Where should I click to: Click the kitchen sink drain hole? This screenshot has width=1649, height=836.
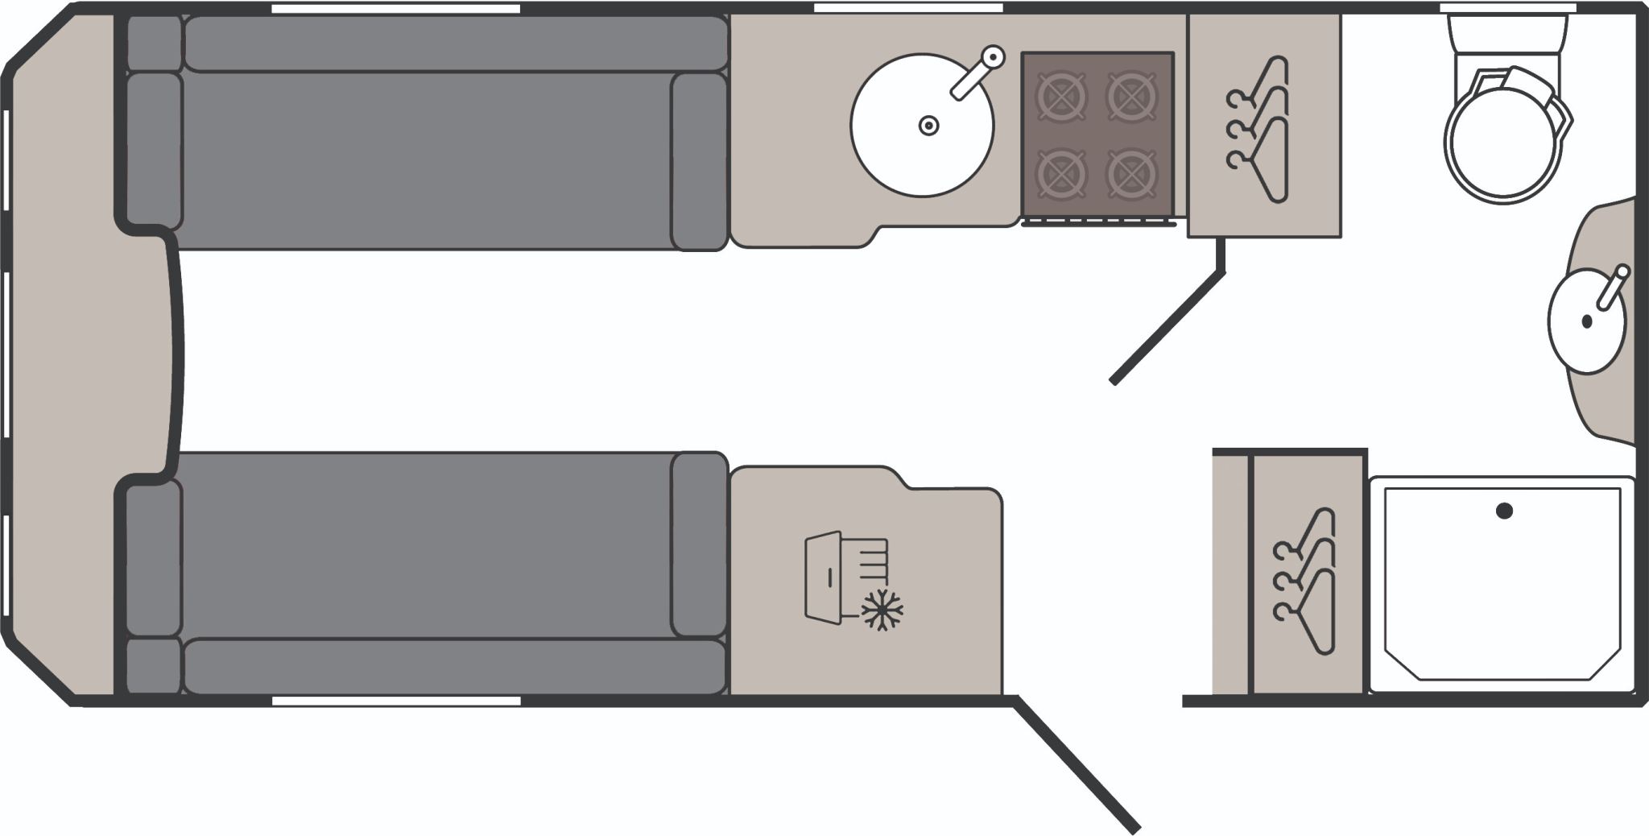coord(929,126)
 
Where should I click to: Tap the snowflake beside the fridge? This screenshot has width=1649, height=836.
coord(882,610)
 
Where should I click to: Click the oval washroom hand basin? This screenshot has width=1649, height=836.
coord(1587,322)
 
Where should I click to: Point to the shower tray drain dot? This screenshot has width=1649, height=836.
coord(1503,511)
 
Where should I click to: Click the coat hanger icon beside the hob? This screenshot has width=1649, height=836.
coord(1261,129)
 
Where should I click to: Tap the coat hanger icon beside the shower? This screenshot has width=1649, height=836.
coord(1308,580)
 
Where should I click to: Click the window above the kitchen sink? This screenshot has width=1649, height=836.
coord(907,8)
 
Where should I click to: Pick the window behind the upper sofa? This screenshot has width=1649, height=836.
coord(395,9)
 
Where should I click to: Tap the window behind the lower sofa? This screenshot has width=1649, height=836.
coord(395,701)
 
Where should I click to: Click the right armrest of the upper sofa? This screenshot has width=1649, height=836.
coord(699,161)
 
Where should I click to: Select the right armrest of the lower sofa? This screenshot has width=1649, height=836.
coord(699,545)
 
